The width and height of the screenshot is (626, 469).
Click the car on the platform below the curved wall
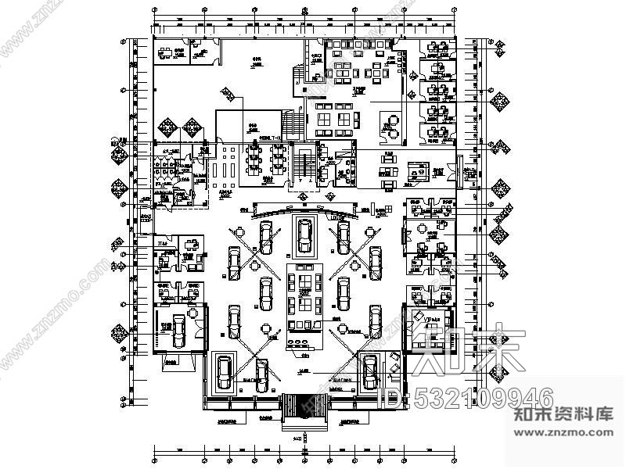(x=304, y=234)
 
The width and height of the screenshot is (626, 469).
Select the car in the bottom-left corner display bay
(x=224, y=373)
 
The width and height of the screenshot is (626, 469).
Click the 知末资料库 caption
(x=563, y=415)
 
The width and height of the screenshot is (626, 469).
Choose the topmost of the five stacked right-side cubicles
(x=437, y=52)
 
